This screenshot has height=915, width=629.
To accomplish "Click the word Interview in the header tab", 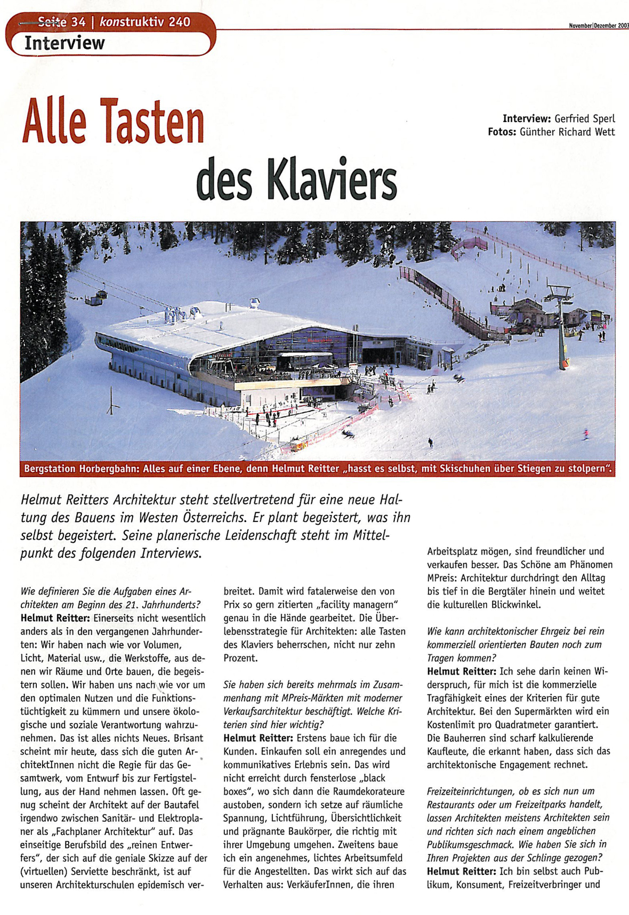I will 64,43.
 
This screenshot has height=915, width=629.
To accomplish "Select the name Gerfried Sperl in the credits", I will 584,118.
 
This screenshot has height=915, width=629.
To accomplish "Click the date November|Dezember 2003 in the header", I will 599,26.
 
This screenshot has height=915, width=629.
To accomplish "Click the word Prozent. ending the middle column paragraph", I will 240,658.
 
